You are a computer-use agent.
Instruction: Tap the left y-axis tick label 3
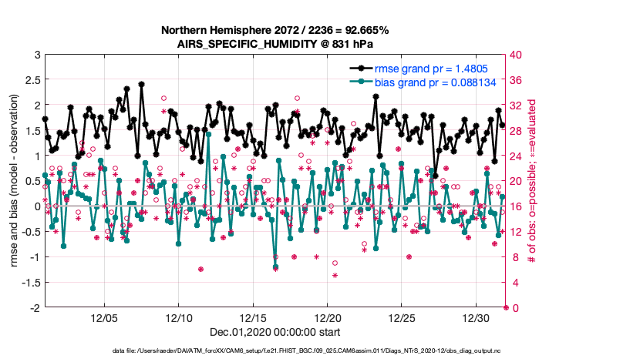point(35,55)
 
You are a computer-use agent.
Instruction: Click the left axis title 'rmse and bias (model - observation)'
point(15,181)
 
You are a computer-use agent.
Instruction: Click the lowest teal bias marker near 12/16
point(275,266)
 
